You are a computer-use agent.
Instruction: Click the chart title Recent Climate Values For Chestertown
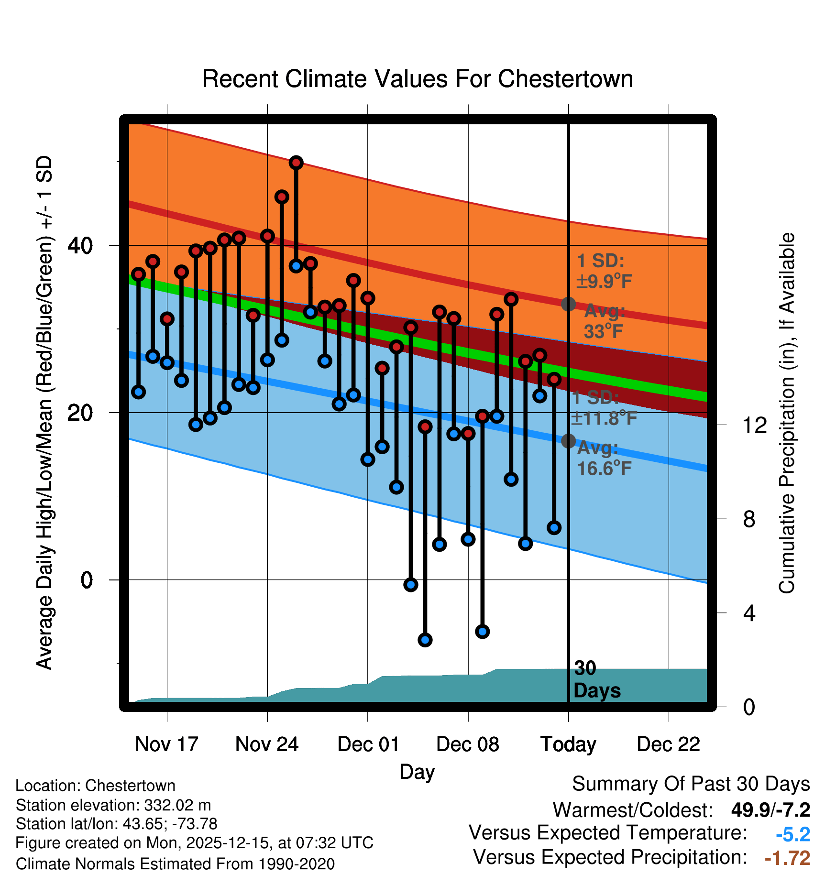click(x=418, y=79)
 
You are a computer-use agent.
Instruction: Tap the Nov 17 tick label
click(x=166, y=744)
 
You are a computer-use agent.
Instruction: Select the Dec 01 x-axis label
click(x=368, y=744)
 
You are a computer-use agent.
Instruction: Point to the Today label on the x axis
click(x=568, y=744)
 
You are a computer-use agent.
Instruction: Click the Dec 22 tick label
click(x=668, y=744)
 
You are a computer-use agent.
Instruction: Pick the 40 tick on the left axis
click(x=80, y=246)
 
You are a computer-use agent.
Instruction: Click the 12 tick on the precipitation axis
click(x=755, y=425)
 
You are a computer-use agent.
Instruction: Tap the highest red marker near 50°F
click(x=296, y=163)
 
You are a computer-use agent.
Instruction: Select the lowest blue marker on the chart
click(x=425, y=640)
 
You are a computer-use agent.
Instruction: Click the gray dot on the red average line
click(x=568, y=304)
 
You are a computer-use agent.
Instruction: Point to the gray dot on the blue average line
click(x=568, y=441)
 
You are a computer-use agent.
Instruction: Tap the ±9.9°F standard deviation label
click(x=604, y=281)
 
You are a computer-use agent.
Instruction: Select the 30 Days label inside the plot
click(x=596, y=679)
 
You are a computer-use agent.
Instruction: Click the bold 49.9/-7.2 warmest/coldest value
click(x=770, y=810)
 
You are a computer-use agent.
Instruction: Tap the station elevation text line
click(x=113, y=805)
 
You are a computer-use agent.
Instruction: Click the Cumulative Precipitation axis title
click(x=787, y=414)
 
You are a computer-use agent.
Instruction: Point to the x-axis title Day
click(x=417, y=772)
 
